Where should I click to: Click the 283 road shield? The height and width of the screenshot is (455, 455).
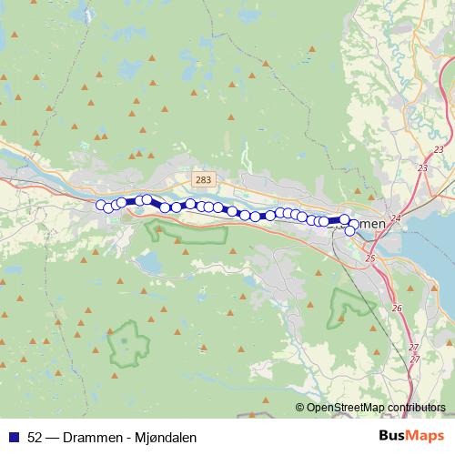coord(202,180)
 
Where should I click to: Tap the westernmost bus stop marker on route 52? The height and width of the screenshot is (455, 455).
coord(100,205)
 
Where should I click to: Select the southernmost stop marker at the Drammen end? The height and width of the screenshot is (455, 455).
coord(349,230)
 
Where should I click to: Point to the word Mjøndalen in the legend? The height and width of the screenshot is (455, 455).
coord(166,437)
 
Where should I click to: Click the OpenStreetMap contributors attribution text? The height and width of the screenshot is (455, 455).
coord(374,408)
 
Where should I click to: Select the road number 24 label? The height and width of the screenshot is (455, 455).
coord(395,218)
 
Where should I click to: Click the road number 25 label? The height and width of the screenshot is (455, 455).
coord(369,259)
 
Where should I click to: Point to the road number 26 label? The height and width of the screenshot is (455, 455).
coord(396,308)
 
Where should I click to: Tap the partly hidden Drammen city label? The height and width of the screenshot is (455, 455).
coord(366,224)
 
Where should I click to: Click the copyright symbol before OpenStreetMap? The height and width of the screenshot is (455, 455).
coord(300,408)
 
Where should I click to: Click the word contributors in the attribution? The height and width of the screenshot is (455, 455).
coord(417,408)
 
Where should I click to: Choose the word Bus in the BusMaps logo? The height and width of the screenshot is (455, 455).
coord(392,437)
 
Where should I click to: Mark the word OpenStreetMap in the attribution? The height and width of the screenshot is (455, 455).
coord(345,408)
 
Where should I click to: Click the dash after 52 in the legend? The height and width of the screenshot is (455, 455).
coord(53,437)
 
